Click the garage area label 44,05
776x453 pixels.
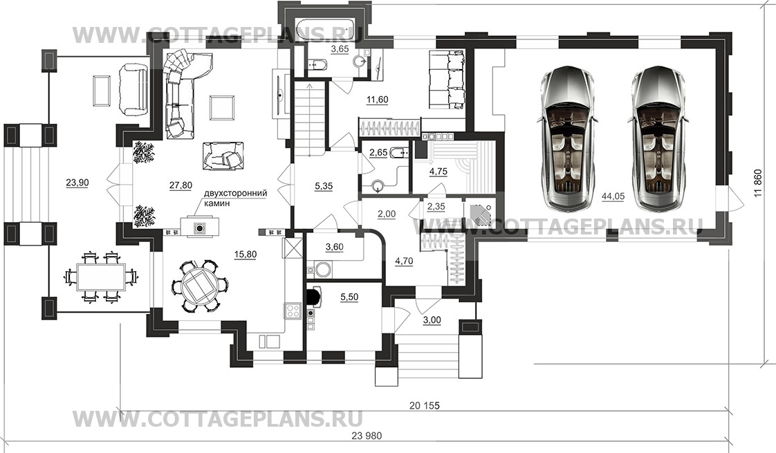[613, 196]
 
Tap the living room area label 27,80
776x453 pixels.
[181, 185]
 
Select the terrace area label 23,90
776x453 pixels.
[77, 183]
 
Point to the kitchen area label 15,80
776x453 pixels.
[245, 254]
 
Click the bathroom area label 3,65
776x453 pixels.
[340, 49]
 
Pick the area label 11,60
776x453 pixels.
[377, 100]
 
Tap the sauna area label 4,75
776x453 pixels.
[424, 172]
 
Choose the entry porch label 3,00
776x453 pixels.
[432, 320]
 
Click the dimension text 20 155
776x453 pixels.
[425, 405]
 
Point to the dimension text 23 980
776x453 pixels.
[367, 436]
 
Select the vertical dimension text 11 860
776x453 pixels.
[758, 184]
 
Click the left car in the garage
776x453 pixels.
[567, 137]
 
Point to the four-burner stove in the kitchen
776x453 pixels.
[293, 311]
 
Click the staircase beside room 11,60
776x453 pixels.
[310, 118]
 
